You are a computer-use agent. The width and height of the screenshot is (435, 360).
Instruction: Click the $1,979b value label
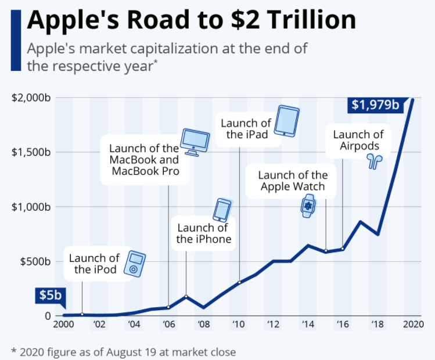pyautogui.click(x=375, y=105)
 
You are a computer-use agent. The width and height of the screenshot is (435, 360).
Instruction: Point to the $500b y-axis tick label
pyautogui.click(x=35, y=261)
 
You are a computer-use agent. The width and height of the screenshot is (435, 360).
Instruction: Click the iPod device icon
pyautogui.click(x=135, y=264)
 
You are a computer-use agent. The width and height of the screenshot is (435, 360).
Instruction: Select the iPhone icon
pyautogui.click(x=222, y=210)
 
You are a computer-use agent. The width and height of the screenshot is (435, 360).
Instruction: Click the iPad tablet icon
pyautogui.click(x=286, y=121)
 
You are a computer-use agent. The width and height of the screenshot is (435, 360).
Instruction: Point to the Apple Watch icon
pyautogui.click(x=307, y=206)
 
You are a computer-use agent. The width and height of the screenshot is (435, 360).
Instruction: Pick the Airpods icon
pyautogui.click(x=372, y=161)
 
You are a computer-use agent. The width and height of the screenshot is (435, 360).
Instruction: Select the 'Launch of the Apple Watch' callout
pyautogui.click(x=293, y=181)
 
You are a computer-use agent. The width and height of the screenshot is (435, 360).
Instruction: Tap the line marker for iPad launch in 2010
pyautogui.click(x=239, y=283)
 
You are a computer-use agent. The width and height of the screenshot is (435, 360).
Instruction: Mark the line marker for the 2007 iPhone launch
pyautogui.click(x=186, y=296)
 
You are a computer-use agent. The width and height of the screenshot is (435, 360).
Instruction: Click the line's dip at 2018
pyautogui.click(x=378, y=234)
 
